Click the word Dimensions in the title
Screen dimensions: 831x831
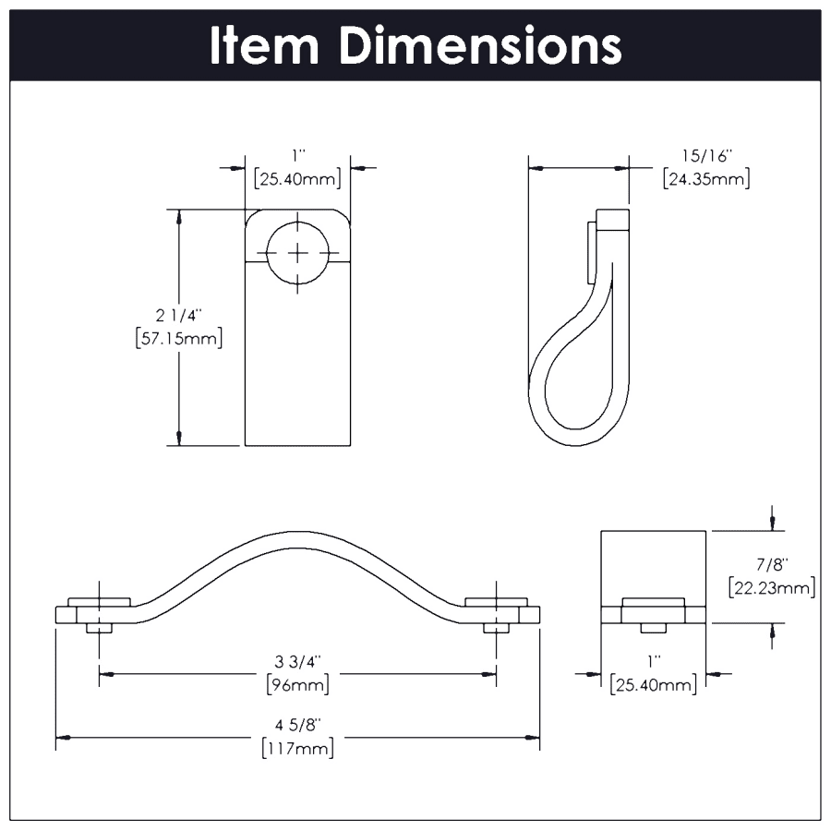point(480,45)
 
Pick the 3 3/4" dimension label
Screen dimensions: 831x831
point(296,662)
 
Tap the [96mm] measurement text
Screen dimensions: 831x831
point(296,684)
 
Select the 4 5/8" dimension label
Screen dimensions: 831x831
point(296,726)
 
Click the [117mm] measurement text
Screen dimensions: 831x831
point(296,748)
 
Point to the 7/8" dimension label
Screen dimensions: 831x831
point(770,564)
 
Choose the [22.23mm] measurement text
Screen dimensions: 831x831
point(770,586)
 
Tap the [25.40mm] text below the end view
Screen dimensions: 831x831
point(653,684)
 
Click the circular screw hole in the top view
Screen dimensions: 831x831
point(297,251)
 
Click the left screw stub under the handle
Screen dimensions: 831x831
point(99,628)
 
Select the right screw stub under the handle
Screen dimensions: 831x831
point(496,628)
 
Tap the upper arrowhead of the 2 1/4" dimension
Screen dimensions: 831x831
point(179,217)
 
